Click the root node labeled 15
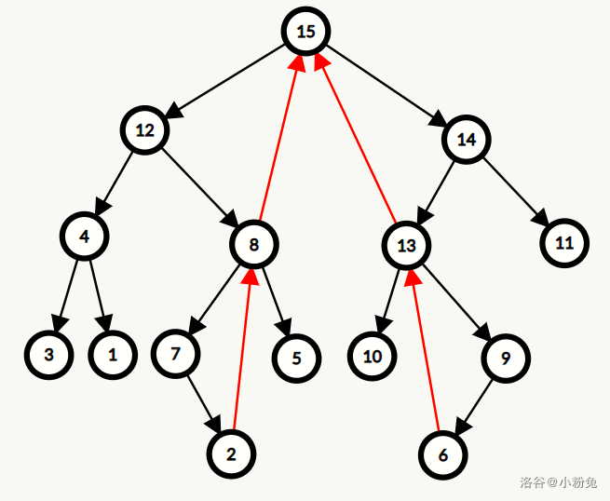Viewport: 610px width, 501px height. pos(306,32)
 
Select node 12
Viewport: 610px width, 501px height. pos(144,130)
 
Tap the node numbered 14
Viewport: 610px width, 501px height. pos(467,140)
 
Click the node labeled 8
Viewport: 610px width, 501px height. pos(254,245)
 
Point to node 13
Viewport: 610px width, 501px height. pos(406,246)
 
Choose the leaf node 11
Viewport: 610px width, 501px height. pos(564,244)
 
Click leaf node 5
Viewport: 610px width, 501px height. pos(297,358)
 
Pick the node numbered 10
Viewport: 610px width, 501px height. pos(373,357)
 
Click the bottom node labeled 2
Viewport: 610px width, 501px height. pos(231,454)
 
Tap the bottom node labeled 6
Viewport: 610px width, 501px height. pos(442,455)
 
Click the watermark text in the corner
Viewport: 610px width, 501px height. pos(558,482)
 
